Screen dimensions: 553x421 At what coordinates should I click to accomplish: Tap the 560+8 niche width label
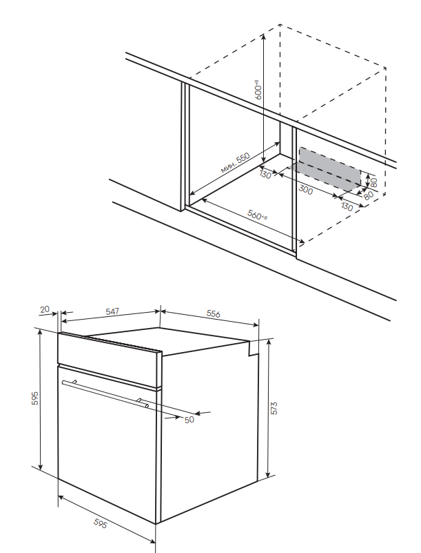[258, 215]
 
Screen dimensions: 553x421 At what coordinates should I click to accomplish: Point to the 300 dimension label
[306, 189]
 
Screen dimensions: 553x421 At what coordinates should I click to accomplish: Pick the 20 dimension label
[45, 310]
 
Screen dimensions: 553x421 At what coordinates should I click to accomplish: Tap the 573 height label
[274, 408]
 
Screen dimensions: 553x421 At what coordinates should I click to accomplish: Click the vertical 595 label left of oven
[34, 398]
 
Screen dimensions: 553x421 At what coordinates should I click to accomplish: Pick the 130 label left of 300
[265, 175]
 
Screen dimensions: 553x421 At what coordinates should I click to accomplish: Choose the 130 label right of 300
[346, 206]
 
